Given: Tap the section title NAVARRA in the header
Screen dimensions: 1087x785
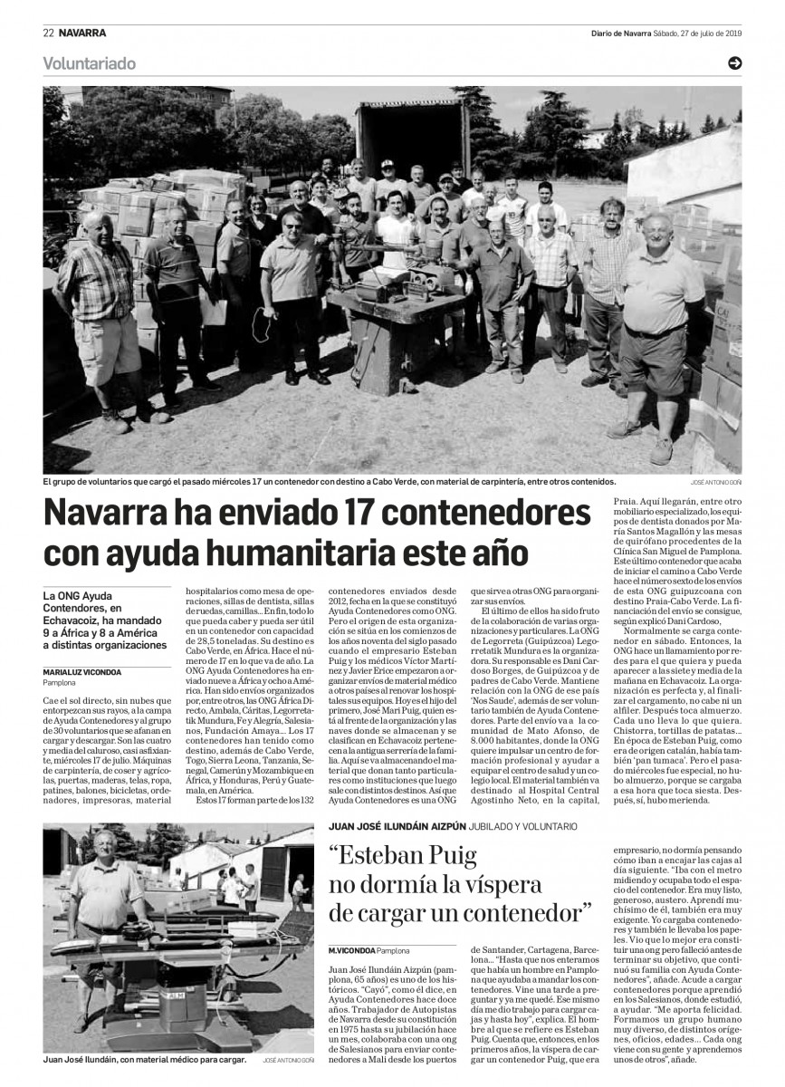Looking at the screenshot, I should click(x=82, y=34).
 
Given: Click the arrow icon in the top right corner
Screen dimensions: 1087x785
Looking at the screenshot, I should click(x=734, y=63).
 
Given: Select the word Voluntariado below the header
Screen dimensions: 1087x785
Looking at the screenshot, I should click(x=89, y=63).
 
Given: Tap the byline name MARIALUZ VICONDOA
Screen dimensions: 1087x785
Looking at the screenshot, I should click(x=82, y=671).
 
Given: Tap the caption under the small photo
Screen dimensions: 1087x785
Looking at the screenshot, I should click(x=145, y=1057).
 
